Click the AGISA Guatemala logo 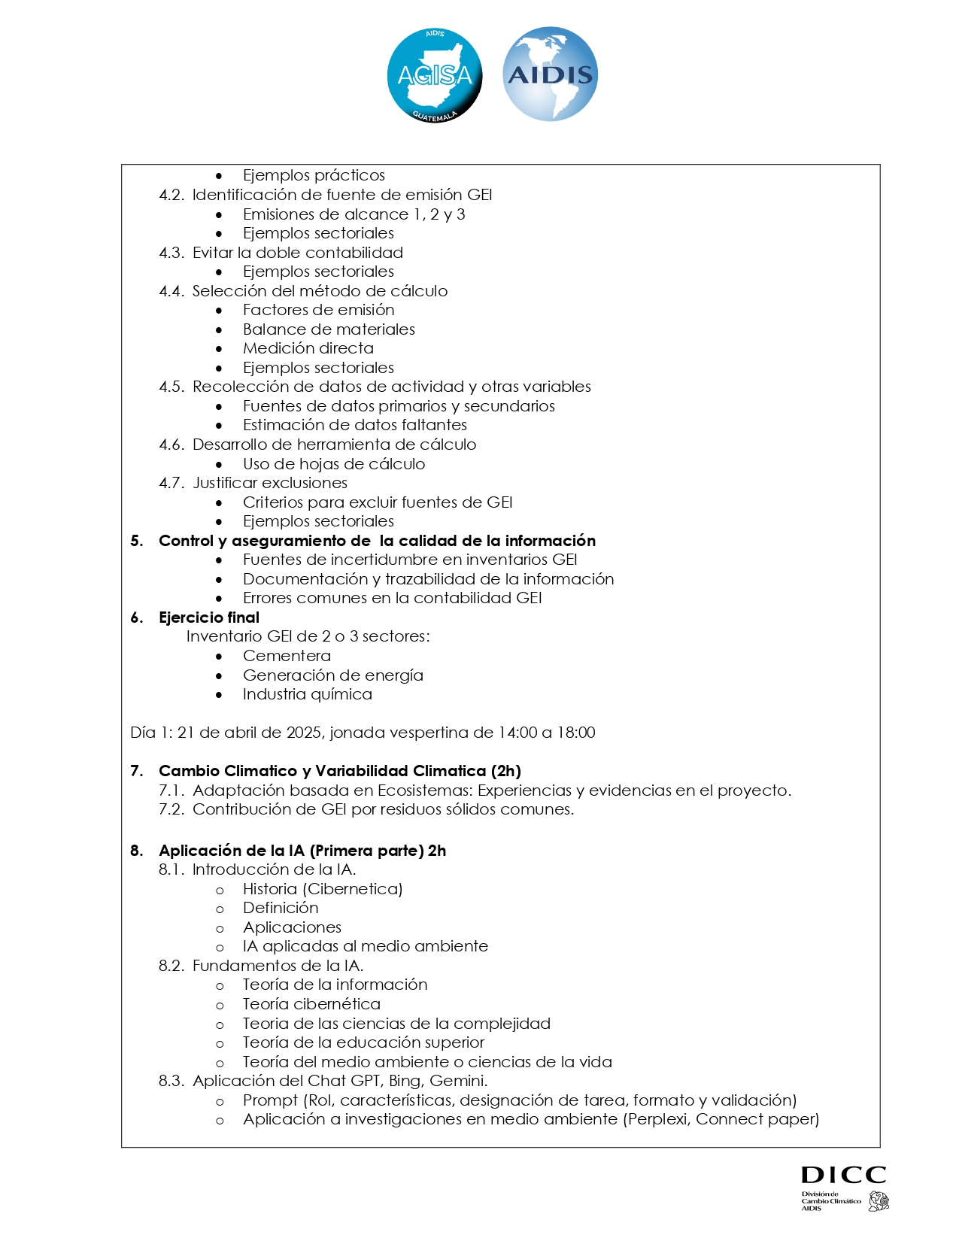coord(434,75)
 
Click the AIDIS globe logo coord(550,74)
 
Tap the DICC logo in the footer coord(844,1188)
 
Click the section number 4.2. coord(171,195)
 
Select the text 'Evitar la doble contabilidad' coord(297,253)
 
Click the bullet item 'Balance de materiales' coord(329,329)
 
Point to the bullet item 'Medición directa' coord(308,348)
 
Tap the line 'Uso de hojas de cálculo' coord(333,464)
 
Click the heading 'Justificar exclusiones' coord(269,483)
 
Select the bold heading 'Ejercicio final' coord(208,617)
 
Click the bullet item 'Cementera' coord(287,656)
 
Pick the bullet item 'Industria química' coord(307,694)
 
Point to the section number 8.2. coord(171,966)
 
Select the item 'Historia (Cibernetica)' coord(322,889)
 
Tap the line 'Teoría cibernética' coord(311,1004)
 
